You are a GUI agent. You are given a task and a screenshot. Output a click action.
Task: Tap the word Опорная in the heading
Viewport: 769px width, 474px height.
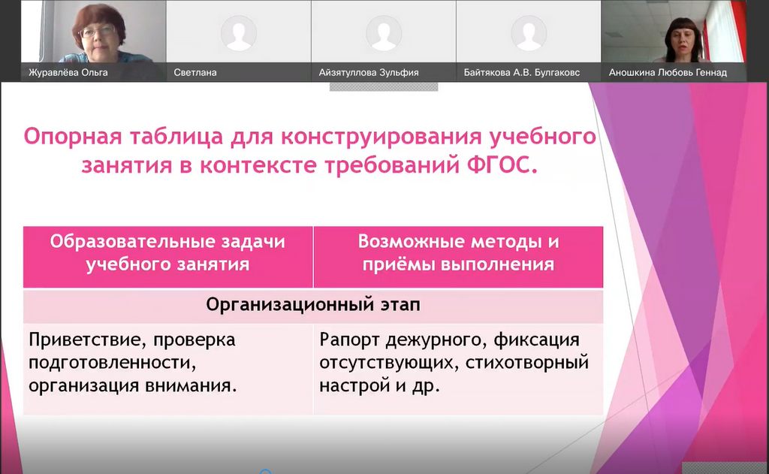(73, 137)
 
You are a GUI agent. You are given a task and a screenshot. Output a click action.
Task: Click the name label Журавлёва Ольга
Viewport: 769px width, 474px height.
(68, 73)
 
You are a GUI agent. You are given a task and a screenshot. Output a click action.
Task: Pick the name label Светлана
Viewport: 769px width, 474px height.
(195, 73)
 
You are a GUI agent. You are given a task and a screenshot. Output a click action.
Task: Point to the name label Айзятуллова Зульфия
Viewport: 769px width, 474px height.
(369, 73)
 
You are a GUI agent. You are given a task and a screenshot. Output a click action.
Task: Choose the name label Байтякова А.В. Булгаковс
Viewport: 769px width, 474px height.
(522, 73)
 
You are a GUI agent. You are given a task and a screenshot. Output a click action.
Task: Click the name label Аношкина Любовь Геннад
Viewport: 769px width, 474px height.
(668, 73)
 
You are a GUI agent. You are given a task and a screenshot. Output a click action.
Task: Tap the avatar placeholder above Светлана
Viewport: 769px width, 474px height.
(239, 33)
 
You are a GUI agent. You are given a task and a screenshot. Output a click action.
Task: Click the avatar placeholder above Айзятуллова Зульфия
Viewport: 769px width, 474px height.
(384, 33)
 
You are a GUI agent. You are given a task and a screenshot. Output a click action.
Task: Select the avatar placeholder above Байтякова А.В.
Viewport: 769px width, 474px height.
(529, 33)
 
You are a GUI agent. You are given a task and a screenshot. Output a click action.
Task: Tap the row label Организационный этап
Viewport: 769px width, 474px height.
(313, 305)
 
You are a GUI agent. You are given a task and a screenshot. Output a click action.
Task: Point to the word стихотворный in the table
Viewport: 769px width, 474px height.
(526, 363)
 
